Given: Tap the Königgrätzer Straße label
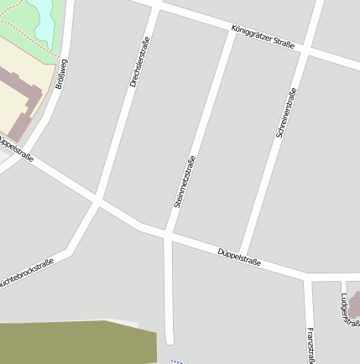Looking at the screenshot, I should pos(263,39).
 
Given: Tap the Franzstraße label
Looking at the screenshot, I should pos(310,344).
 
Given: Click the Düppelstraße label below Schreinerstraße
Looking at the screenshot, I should pos(239,257).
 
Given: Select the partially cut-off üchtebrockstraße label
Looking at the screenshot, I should pos(25,273).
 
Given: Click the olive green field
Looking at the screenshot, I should pos(76,342).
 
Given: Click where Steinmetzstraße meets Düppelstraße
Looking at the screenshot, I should pos(168,234).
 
